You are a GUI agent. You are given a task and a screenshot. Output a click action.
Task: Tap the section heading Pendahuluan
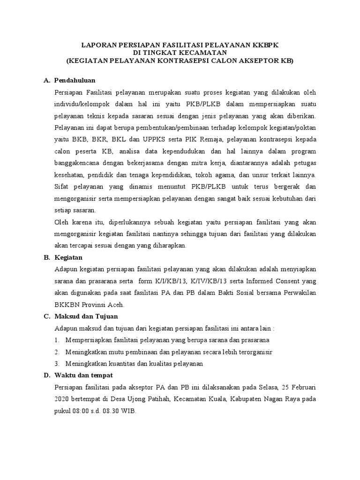tap(75, 81)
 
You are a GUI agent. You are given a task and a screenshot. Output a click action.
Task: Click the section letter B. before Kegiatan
tap(46, 257)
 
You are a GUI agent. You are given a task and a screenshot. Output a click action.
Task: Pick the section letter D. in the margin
tap(46, 376)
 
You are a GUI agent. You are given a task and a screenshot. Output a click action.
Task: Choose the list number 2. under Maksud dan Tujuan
tap(57, 352)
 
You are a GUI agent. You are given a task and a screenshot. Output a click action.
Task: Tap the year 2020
tap(62, 399)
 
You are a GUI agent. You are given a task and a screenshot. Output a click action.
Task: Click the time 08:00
tap(81, 411)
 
